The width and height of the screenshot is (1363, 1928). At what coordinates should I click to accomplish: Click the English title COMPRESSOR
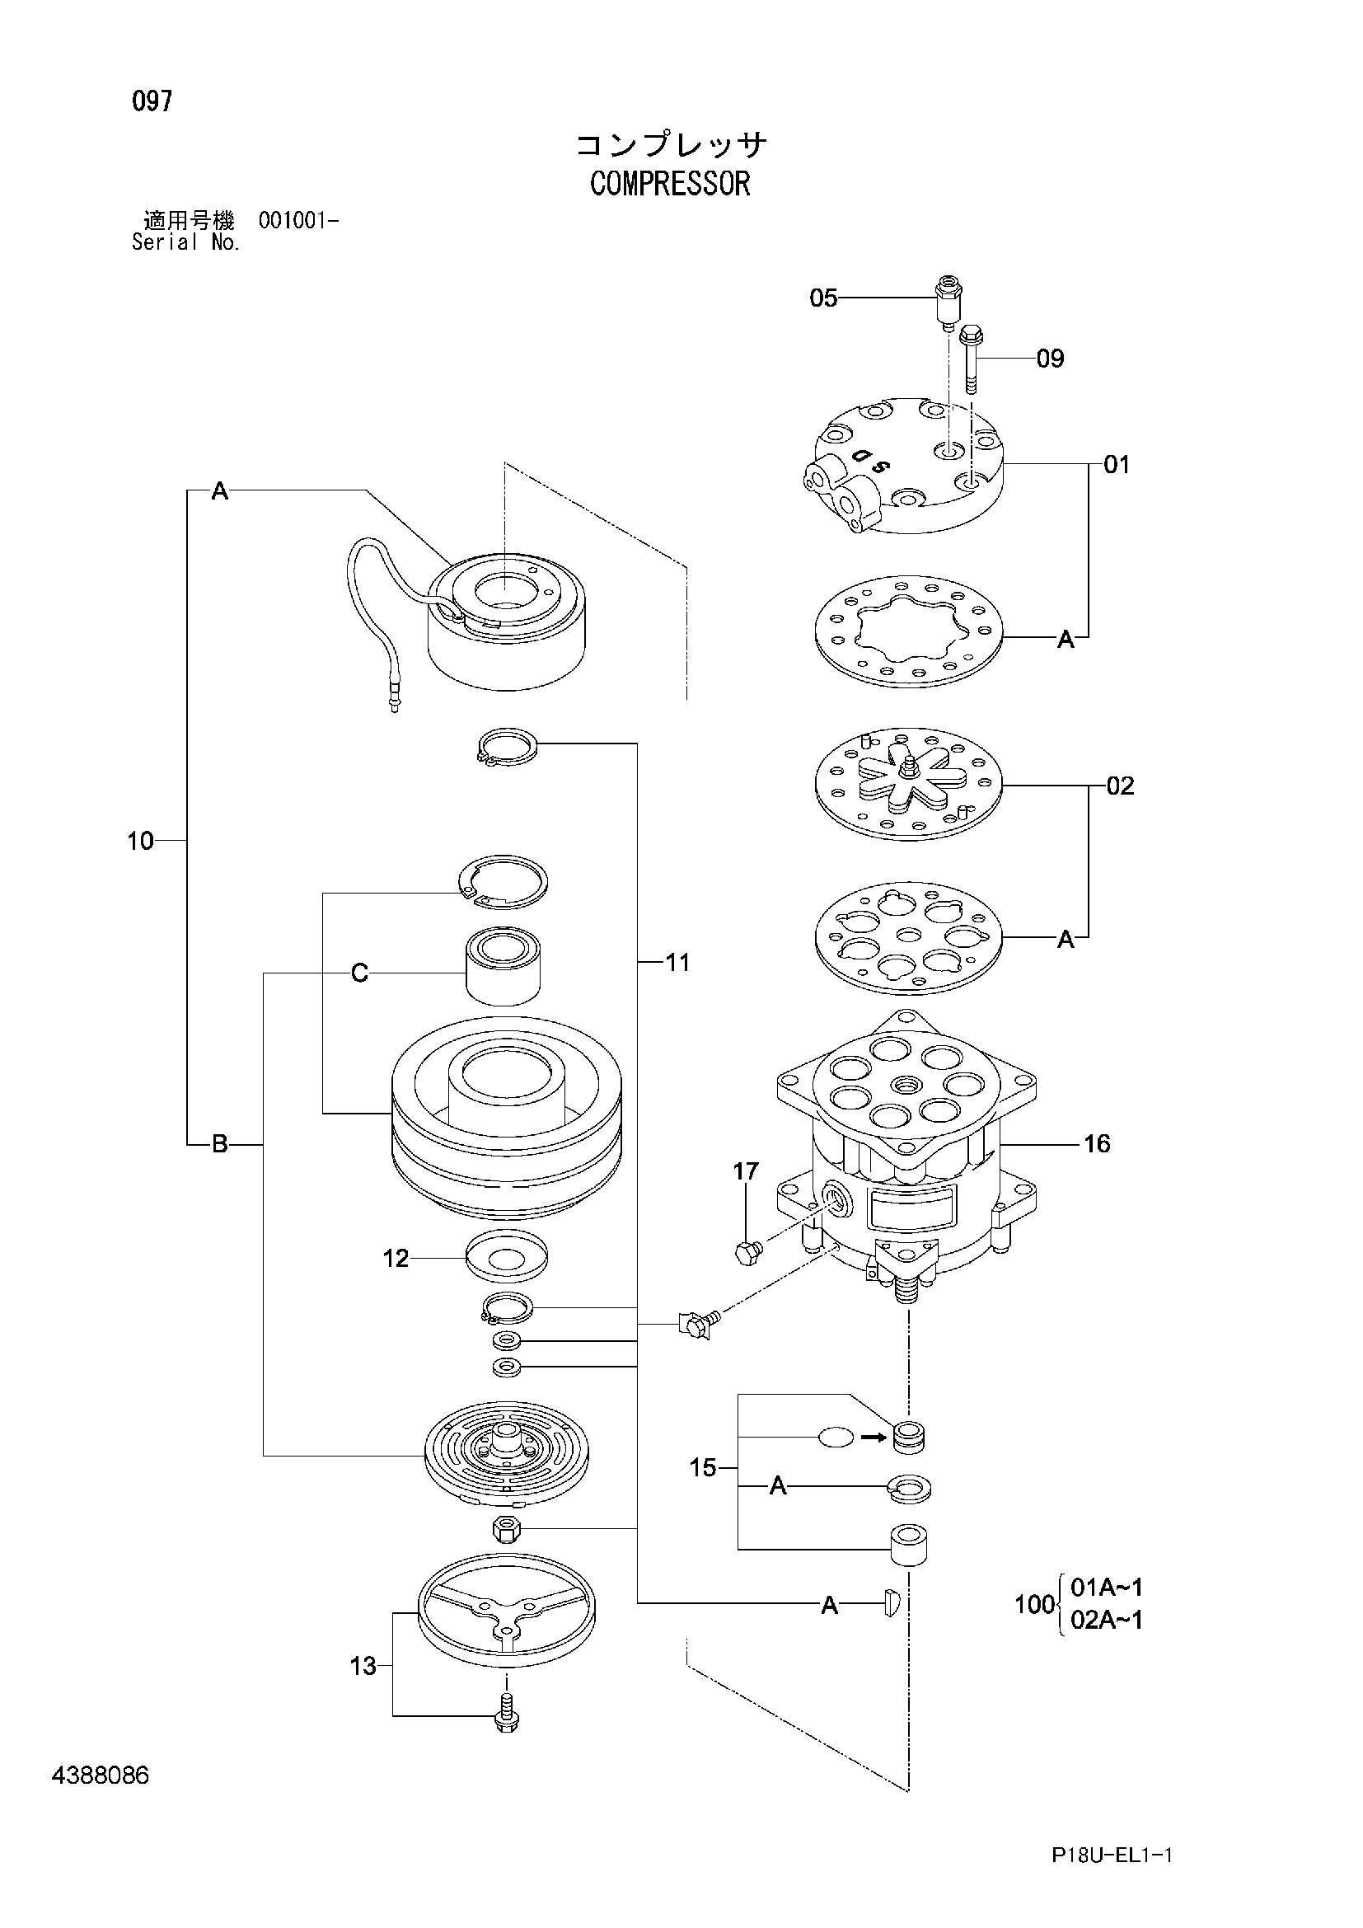(x=670, y=184)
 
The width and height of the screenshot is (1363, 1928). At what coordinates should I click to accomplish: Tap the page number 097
(x=152, y=101)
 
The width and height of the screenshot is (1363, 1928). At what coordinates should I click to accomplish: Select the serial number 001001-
(x=299, y=221)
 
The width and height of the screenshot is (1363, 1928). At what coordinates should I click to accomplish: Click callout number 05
(x=823, y=298)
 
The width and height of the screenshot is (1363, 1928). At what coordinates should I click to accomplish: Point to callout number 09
(x=1050, y=359)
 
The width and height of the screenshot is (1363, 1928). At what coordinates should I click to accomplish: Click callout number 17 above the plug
(x=745, y=1170)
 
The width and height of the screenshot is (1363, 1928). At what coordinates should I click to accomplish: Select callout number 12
(x=396, y=1258)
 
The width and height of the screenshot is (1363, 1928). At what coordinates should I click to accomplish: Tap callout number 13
(x=363, y=1665)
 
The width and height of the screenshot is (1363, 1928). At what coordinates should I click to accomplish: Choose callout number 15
(x=702, y=1467)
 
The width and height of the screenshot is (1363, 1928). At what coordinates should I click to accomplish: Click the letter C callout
(x=359, y=973)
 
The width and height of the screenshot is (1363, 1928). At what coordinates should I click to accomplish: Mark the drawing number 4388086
(x=100, y=1776)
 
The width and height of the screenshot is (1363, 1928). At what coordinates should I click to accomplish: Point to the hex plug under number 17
(x=747, y=1253)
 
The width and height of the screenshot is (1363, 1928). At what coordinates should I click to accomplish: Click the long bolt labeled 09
(x=971, y=359)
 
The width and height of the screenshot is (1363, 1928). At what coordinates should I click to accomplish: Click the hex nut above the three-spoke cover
(x=506, y=1528)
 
